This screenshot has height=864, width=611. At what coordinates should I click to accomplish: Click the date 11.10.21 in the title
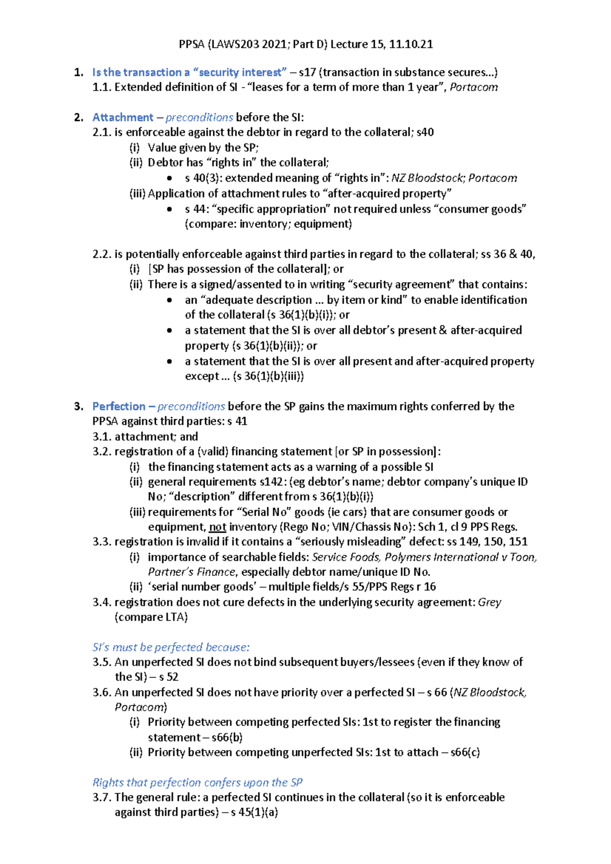tap(410, 44)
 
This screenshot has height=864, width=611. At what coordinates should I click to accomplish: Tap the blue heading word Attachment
tap(123, 118)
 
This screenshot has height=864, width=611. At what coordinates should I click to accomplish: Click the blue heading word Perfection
tap(119, 407)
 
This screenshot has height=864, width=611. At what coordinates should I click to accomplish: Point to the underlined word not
tap(217, 527)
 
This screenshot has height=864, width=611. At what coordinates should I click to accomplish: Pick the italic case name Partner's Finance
tap(191, 572)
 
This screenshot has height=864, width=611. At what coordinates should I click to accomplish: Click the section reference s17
tap(308, 72)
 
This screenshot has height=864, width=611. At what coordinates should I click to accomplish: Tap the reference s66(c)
tap(465, 752)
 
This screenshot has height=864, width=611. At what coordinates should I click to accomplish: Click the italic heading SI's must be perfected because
tap(171, 647)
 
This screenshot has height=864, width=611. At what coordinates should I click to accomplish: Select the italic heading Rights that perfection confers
tap(198, 783)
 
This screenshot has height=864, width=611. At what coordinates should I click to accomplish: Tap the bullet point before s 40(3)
tap(170, 179)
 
